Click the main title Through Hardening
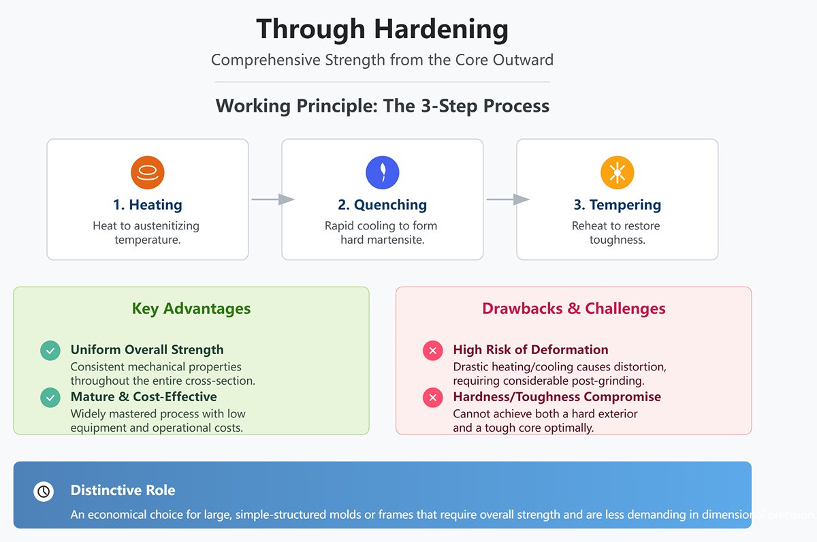382,30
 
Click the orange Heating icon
148,172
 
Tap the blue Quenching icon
382,172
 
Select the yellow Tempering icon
617,172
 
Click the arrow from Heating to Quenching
272,200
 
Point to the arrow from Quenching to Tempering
507,200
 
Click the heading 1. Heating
148,205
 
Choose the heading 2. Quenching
382,205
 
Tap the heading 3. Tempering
617,205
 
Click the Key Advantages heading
191,308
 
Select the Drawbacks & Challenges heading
573,308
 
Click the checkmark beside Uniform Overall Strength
50,351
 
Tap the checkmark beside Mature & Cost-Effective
50,398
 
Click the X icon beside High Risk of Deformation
432,351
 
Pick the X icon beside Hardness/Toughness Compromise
432,398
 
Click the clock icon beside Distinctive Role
44,491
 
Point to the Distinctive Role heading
123,490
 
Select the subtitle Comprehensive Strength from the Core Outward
382,60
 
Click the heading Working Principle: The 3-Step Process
382,106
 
